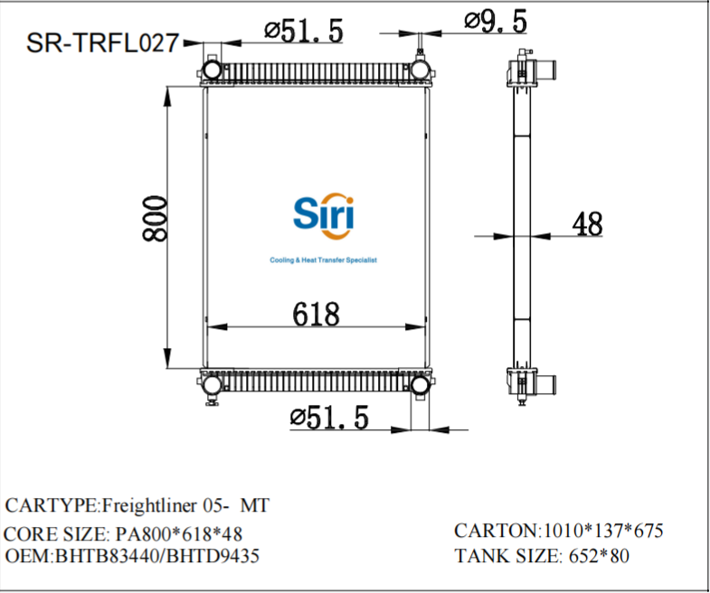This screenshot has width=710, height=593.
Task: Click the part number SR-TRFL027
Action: coord(101,42)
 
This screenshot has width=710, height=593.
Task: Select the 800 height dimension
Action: coord(156,218)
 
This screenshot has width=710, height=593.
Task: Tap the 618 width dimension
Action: coord(316,314)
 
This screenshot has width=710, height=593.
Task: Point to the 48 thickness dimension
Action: coord(587,223)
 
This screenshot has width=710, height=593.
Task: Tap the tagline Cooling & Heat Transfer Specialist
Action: coord(323,260)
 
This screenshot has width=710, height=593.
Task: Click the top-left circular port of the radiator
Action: coord(211,70)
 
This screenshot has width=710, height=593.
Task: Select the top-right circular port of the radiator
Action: coord(421,70)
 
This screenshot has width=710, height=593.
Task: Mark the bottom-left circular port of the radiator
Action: coord(211,386)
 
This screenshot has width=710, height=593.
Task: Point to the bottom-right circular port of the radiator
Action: coord(421,386)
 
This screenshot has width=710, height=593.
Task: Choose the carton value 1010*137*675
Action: coord(601,531)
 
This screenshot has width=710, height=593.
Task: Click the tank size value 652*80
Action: coord(597,555)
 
